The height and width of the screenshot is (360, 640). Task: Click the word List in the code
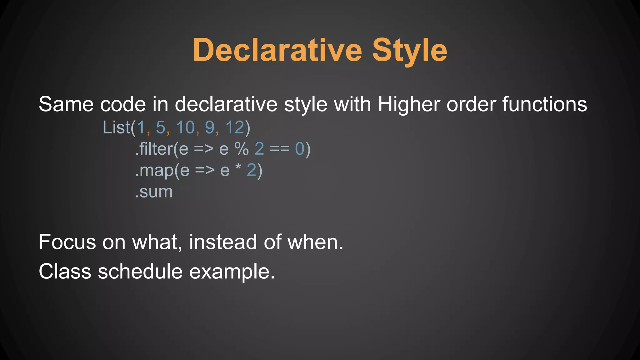click(116, 127)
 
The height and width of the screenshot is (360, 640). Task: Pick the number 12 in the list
click(235, 127)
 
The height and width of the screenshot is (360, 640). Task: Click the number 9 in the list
click(210, 127)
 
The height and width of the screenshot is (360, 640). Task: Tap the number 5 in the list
click(160, 127)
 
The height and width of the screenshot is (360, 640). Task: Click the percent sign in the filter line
click(242, 149)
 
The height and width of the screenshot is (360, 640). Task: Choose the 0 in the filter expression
click(300, 149)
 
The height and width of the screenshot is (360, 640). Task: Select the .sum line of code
click(154, 192)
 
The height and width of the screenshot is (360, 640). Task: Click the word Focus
click(67, 242)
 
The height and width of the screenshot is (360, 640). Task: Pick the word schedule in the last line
click(140, 271)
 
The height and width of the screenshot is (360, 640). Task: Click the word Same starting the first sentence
click(66, 104)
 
